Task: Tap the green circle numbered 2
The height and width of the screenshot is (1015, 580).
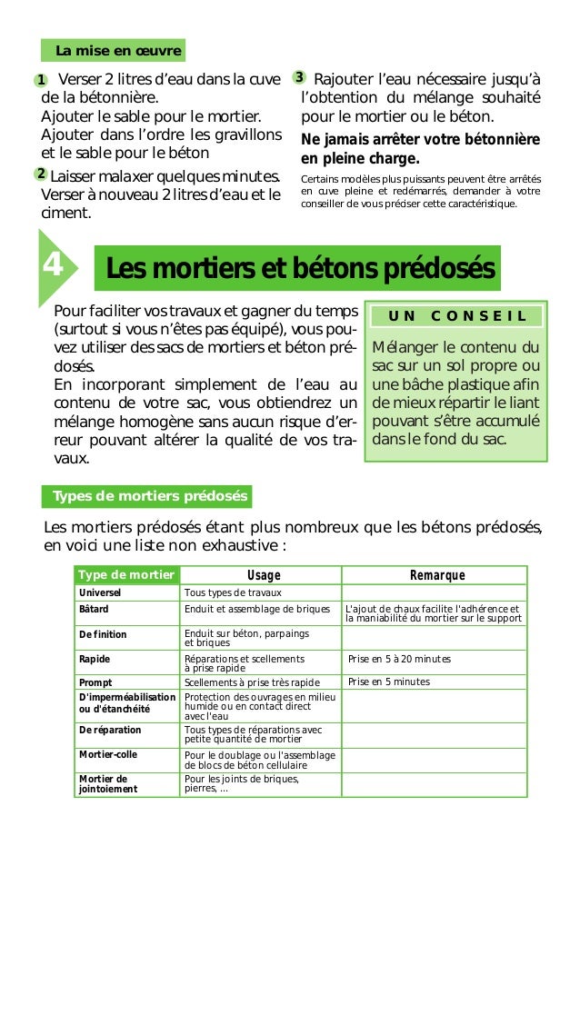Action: pos(42,174)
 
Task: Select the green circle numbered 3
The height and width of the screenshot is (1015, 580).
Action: pos(298,76)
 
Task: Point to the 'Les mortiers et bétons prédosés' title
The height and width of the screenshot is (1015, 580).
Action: pos(300,269)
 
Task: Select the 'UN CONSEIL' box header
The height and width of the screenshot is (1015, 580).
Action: pos(456,316)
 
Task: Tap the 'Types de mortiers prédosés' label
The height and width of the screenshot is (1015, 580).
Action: pos(147,496)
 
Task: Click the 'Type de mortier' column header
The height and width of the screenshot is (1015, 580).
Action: pos(125,575)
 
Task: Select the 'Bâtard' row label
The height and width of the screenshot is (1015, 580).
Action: pos(94,609)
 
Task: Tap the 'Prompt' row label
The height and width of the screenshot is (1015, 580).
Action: pos(95,682)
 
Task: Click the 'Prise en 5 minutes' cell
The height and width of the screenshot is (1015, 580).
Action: pos(388,682)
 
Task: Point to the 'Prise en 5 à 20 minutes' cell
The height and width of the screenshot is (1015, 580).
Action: pos(399,659)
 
